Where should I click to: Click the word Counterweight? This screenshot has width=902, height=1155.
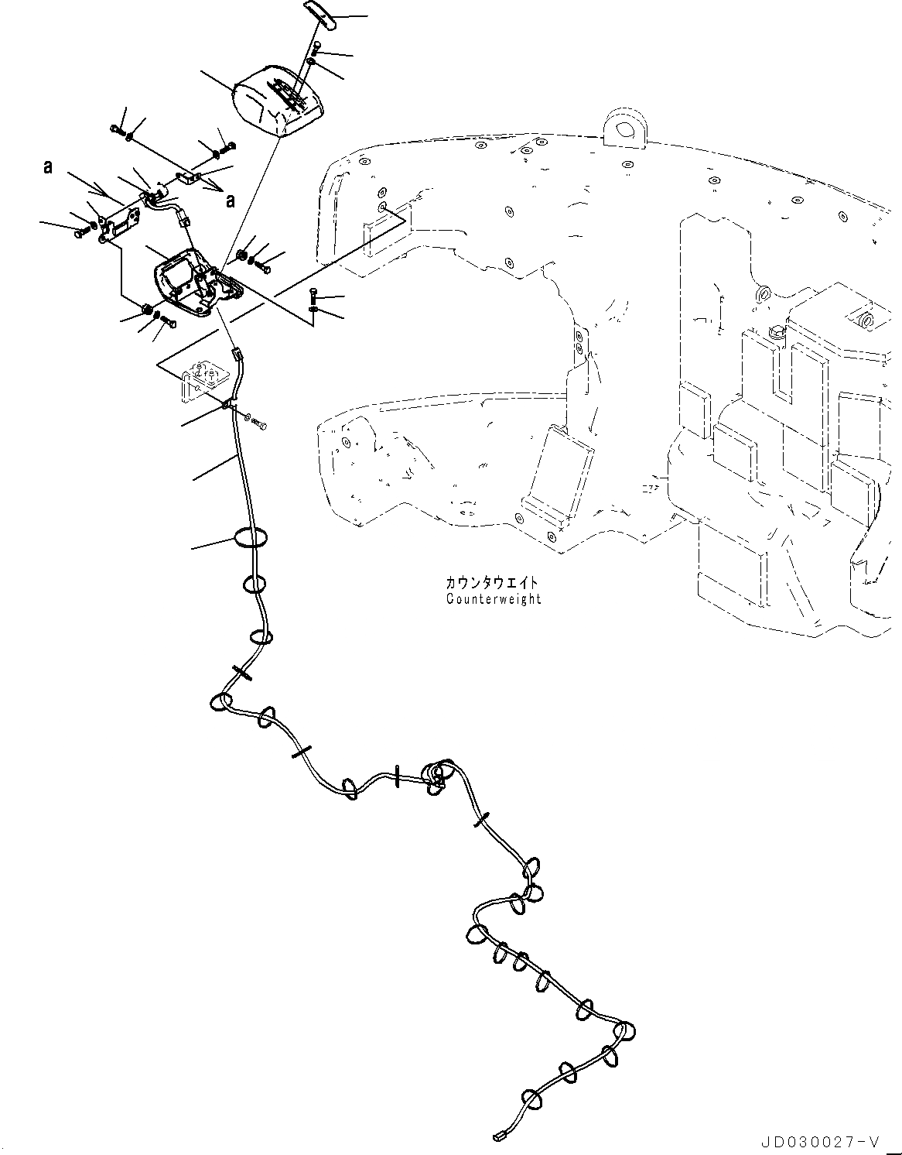pyautogui.click(x=494, y=598)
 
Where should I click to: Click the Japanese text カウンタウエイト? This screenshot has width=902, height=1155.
pyautogui.click(x=490, y=583)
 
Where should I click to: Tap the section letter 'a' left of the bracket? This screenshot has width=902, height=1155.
pyautogui.click(x=48, y=166)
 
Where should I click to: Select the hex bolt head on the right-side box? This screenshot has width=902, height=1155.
pyautogui.click(x=777, y=333)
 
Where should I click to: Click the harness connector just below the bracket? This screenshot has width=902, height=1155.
pyautogui.click(x=236, y=357)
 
